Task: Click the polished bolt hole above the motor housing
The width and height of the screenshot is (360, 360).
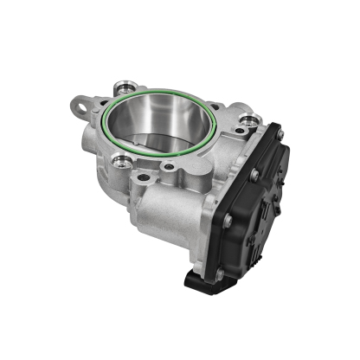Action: pos(119,161)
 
